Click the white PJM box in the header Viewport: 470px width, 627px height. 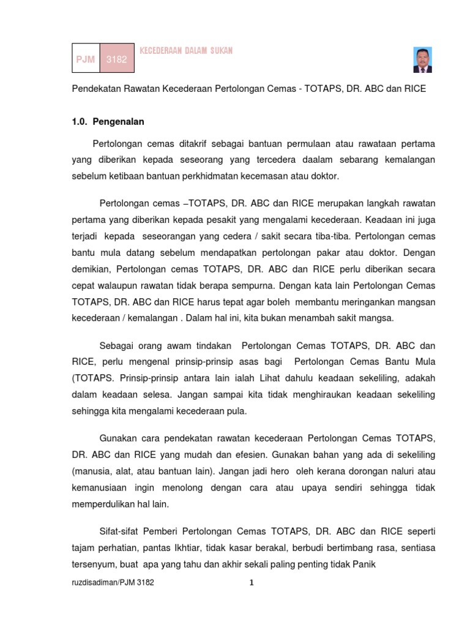[86, 59]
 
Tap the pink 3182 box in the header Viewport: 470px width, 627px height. [116, 59]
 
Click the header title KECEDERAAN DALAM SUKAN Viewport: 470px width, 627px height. [186, 51]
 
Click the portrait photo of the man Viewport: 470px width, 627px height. [422, 60]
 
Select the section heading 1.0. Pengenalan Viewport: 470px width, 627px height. [108, 122]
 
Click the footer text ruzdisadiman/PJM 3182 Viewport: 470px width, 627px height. [113, 583]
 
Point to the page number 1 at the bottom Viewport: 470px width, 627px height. [252, 583]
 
